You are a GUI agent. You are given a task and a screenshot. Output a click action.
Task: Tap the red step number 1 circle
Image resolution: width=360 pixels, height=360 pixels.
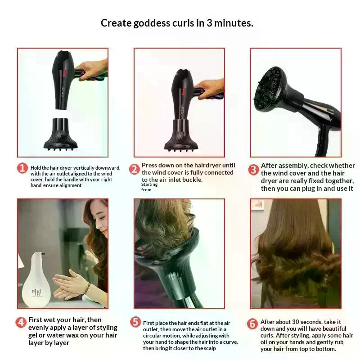22,168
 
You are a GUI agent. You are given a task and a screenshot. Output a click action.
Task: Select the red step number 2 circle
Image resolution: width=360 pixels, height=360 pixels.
134,170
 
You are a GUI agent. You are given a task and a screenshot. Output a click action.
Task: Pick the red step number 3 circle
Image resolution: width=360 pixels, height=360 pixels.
253,170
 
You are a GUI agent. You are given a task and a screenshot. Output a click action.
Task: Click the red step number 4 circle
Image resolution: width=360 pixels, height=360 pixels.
21,322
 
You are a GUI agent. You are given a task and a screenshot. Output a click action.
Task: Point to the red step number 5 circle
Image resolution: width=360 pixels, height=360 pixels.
135,322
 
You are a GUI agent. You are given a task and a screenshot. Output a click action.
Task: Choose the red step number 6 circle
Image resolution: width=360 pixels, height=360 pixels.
252,324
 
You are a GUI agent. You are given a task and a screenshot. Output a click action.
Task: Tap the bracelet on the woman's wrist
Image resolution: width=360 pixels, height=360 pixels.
87,288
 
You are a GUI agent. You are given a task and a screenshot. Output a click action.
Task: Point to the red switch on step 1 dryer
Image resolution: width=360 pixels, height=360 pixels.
64,73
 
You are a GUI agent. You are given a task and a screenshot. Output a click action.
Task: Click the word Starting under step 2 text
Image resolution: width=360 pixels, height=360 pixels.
149,184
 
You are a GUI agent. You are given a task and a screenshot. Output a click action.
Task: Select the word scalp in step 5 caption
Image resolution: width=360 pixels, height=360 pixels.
209,348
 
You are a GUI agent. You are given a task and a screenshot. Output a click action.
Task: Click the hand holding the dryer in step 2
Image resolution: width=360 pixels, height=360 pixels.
210,89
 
